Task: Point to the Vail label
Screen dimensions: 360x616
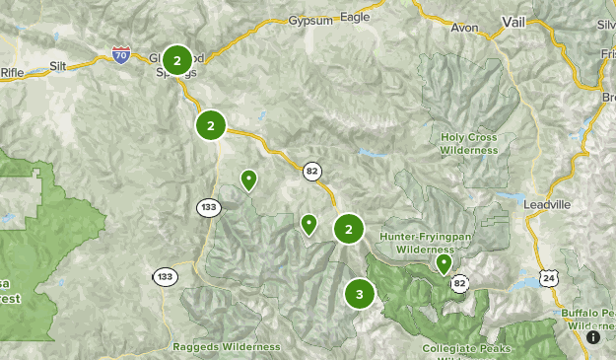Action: tap(513, 23)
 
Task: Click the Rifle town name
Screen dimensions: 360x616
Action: tap(12, 71)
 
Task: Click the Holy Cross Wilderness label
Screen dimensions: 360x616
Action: tap(469, 145)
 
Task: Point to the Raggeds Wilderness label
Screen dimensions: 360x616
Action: tap(226, 347)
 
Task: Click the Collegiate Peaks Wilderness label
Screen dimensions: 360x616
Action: tap(469, 348)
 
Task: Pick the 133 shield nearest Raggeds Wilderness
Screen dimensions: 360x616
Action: tap(164, 276)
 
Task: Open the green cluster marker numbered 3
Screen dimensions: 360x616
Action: tap(360, 294)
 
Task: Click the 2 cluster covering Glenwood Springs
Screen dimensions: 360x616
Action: tap(177, 61)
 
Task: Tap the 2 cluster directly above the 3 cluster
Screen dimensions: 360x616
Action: tap(349, 229)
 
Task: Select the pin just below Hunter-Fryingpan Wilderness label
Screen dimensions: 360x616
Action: tap(444, 263)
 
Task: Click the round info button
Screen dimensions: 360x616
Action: tap(592, 337)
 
